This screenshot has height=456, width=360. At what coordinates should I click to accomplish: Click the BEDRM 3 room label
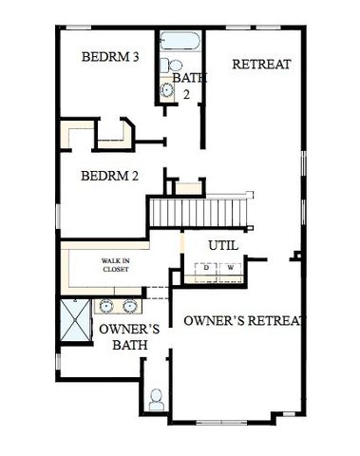coord(111,58)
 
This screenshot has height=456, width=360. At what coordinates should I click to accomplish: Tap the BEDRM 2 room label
coord(110,176)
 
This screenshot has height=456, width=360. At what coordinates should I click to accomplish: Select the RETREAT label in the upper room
coord(261,65)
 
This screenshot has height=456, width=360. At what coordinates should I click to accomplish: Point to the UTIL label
coord(222,245)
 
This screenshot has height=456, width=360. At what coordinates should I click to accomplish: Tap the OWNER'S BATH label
coord(123,337)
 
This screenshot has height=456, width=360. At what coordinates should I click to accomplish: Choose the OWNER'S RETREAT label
coord(246,320)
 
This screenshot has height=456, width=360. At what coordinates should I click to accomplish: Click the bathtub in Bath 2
coord(180,43)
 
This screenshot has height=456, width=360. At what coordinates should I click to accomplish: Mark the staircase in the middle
coord(199,210)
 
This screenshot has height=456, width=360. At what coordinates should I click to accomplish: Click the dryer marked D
coord(206,269)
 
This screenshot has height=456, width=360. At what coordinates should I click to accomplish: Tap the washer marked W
coord(231,269)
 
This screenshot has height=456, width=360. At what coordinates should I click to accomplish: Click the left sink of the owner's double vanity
coord(104,307)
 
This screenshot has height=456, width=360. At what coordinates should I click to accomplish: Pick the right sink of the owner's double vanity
coord(128,307)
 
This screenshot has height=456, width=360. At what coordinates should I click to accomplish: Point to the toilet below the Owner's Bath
coord(157,397)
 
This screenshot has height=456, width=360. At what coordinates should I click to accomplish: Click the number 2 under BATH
coord(186,94)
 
